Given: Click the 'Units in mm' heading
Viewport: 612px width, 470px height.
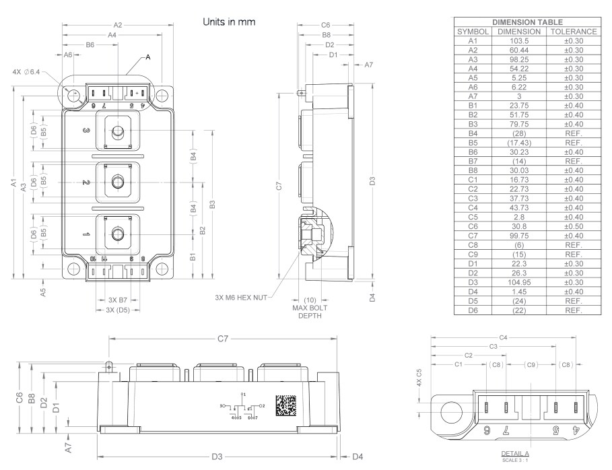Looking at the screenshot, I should [229, 22].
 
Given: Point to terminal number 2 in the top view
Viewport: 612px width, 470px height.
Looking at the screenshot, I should [86, 182].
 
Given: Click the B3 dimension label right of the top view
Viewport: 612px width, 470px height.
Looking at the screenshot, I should [212, 204].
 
